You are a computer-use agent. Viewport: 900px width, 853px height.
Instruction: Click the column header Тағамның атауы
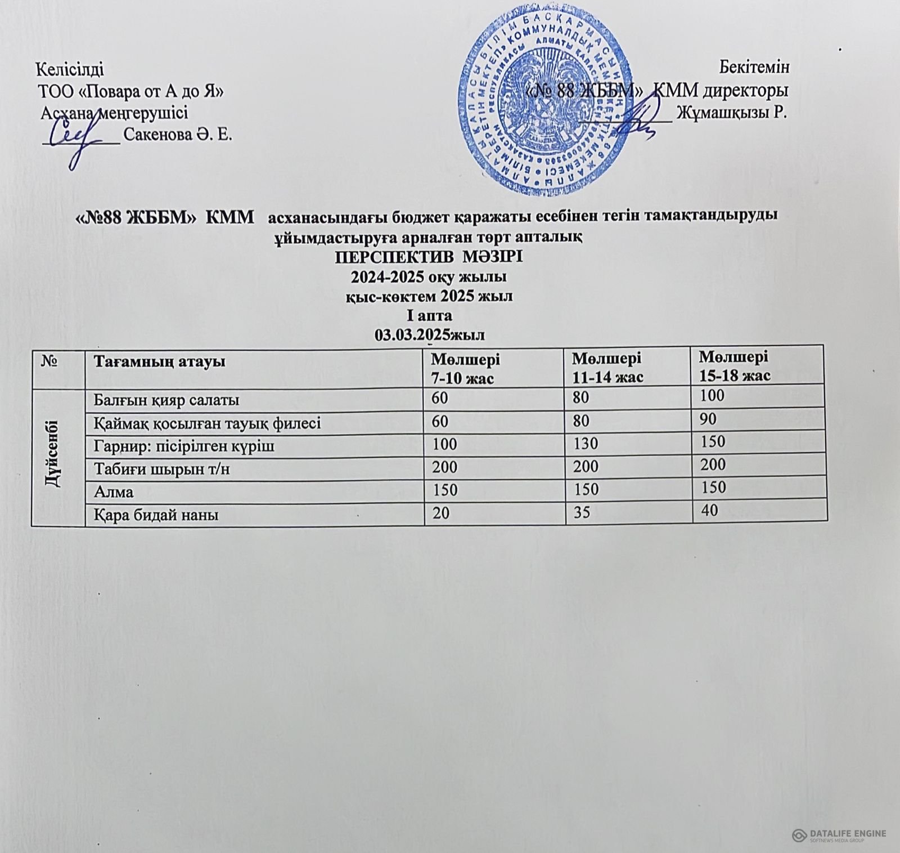tap(160, 361)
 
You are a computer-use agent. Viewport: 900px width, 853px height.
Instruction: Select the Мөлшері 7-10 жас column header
tap(465, 368)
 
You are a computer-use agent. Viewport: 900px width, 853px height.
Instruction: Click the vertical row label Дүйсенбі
tap(58, 457)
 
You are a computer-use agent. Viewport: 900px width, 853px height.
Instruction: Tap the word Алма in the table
tap(115, 492)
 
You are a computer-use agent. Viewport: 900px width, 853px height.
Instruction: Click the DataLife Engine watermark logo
tap(839, 836)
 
